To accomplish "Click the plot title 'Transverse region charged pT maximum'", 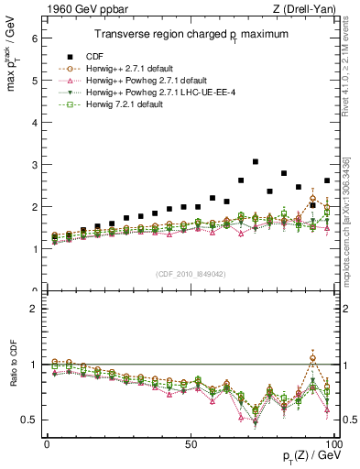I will click(191, 35).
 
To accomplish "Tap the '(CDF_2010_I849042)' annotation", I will click(191, 273).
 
